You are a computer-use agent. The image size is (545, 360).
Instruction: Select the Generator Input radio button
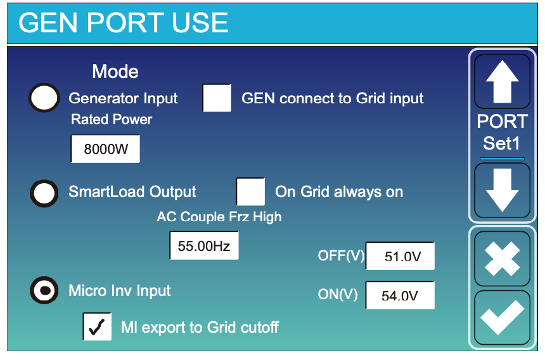pyautogui.click(x=44, y=98)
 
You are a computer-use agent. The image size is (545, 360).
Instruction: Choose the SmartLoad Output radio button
pyautogui.click(x=44, y=193)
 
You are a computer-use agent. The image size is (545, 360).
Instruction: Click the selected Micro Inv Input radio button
pyautogui.click(x=44, y=290)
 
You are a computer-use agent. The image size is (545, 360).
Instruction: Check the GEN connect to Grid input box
pyautogui.click(x=217, y=98)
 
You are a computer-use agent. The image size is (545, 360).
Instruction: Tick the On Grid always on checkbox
pyautogui.click(x=250, y=191)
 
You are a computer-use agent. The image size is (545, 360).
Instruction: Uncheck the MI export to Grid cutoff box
pyautogui.click(x=97, y=326)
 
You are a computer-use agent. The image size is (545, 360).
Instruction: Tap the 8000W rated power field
pyautogui.click(x=105, y=149)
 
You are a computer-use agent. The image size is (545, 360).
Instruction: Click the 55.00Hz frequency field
pyautogui.click(x=204, y=246)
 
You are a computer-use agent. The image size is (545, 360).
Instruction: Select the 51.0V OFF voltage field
pyautogui.click(x=400, y=256)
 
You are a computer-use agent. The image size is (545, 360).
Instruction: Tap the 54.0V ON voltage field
pyautogui.click(x=400, y=295)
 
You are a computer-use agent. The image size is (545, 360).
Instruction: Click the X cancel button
pyautogui.click(x=503, y=259)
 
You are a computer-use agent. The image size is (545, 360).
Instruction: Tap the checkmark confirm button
pyautogui.click(x=503, y=318)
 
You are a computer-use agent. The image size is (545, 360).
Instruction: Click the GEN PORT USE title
pyautogui.click(x=123, y=23)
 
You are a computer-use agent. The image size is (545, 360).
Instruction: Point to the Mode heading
pyautogui.click(x=115, y=72)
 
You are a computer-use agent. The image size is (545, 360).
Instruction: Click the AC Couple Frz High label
pyautogui.click(x=219, y=217)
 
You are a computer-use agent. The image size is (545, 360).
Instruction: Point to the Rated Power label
pyautogui.click(x=112, y=120)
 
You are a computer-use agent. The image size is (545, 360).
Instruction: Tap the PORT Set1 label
pyautogui.click(x=503, y=132)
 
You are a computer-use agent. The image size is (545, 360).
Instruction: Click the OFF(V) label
pyautogui.click(x=341, y=256)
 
